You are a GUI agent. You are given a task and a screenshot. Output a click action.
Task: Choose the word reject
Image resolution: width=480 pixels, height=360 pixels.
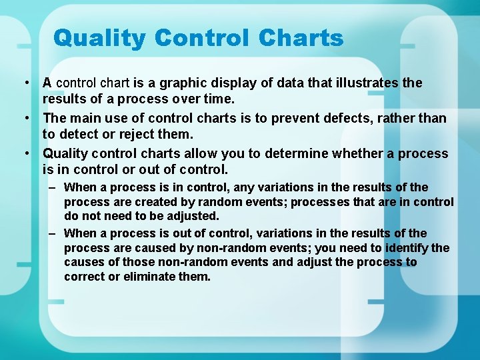[137, 135]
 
